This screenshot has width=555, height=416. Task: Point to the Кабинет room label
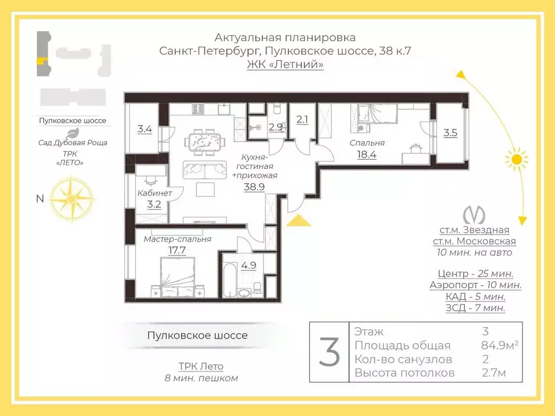pos(154,193)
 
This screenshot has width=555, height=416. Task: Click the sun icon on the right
pos(516,159)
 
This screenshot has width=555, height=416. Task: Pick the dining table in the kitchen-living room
pos(204,143)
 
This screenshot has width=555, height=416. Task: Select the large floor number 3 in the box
pos(329,352)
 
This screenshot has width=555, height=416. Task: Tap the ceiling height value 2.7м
pos(494,373)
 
